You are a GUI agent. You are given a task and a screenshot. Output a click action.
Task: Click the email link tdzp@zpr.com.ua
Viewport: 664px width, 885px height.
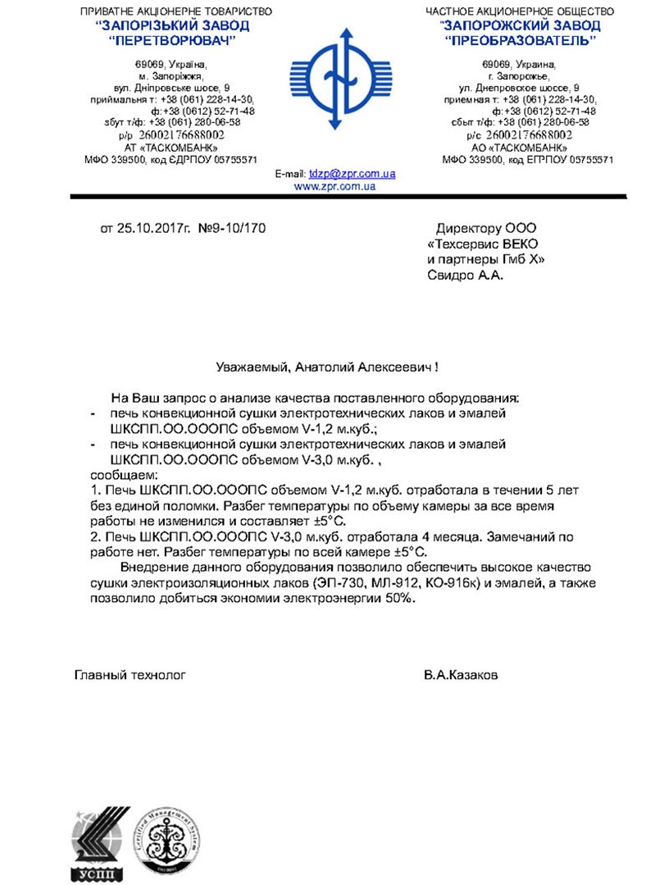coord(352,174)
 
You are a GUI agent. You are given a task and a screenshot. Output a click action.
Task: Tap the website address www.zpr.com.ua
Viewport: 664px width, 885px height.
coord(334,186)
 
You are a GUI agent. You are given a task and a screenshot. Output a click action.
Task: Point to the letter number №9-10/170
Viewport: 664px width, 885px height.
coord(233,227)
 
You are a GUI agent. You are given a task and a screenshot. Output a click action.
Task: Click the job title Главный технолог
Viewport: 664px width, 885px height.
coord(130,675)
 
